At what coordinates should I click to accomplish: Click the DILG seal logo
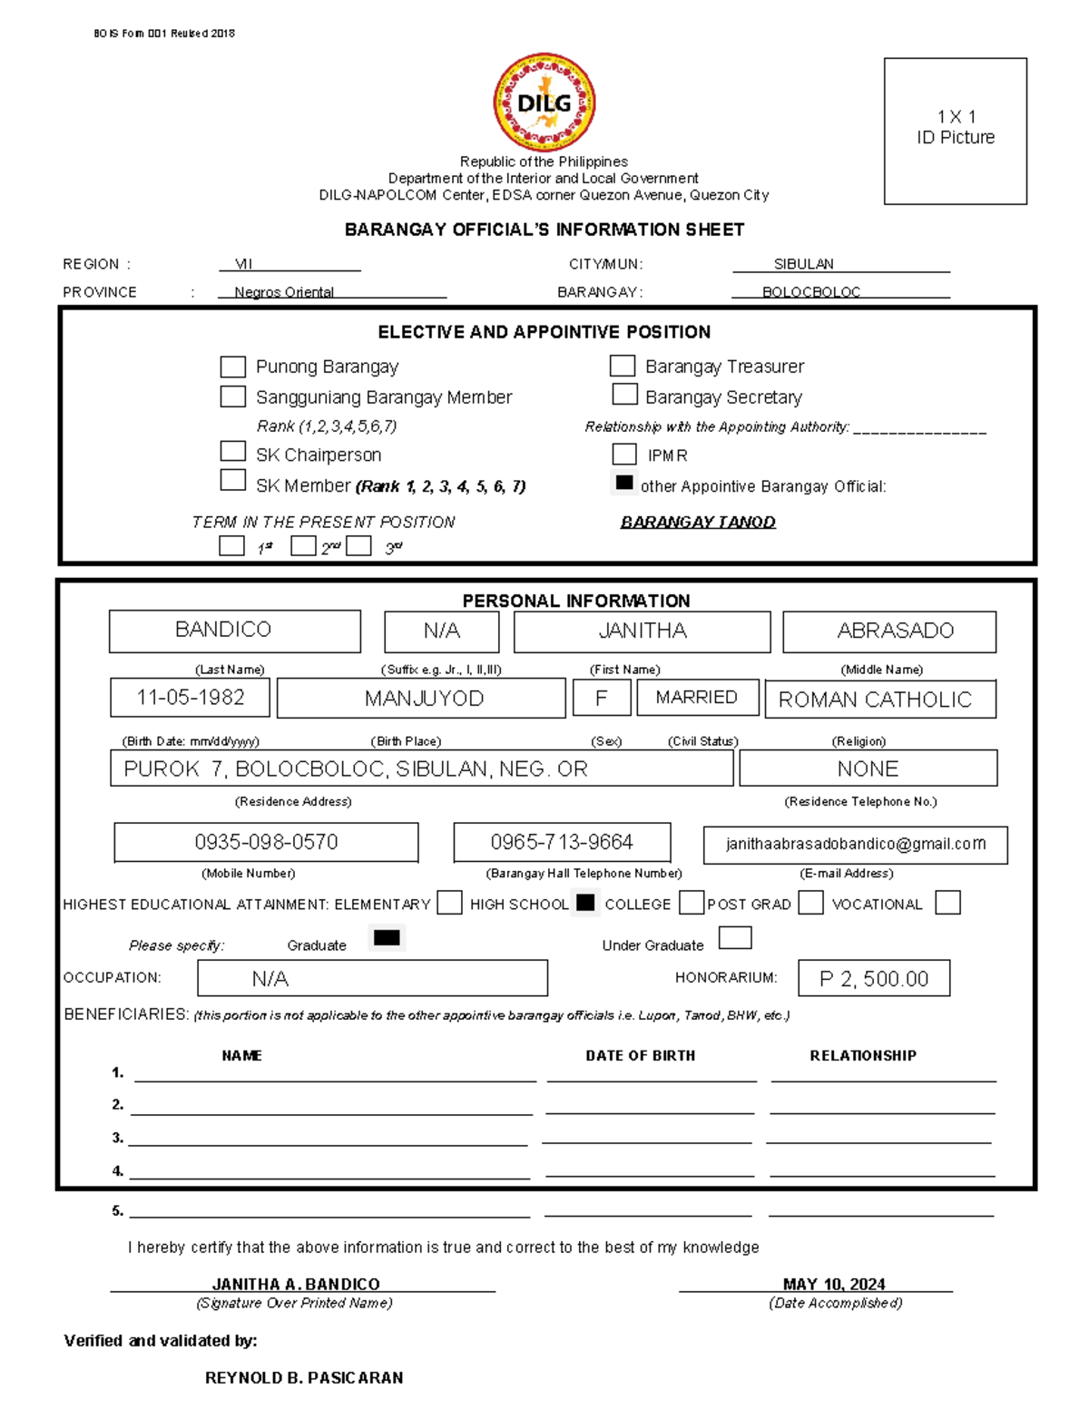pos(544,102)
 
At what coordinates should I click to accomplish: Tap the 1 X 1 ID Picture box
pos(955,131)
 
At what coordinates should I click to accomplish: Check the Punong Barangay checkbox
pos(233,367)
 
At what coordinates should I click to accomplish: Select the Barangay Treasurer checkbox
pos(623,366)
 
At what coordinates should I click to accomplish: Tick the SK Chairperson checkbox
pos(233,452)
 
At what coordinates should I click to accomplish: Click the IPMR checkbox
pos(624,454)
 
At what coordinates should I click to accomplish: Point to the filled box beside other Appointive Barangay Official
pos(624,483)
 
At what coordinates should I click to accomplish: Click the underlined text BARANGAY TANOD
pos(698,522)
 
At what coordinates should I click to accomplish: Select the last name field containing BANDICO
pos(234,631)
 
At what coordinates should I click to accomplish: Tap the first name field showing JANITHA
pos(642,631)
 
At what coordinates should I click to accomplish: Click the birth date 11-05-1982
pos(191,698)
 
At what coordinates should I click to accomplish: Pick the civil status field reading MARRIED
pos(697,698)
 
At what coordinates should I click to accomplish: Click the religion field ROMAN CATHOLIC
pos(879,700)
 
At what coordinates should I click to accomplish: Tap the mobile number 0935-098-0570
pos(266,842)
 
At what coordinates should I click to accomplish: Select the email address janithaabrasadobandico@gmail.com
pos(855,844)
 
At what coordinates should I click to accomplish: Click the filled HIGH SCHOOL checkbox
pos(586,903)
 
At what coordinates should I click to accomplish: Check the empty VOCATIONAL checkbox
pos(947,903)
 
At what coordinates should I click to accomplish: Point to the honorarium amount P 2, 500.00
pos(874,979)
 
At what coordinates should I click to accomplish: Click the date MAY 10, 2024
pos(833,1284)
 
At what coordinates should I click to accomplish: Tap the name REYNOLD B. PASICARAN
pos(304,1377)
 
